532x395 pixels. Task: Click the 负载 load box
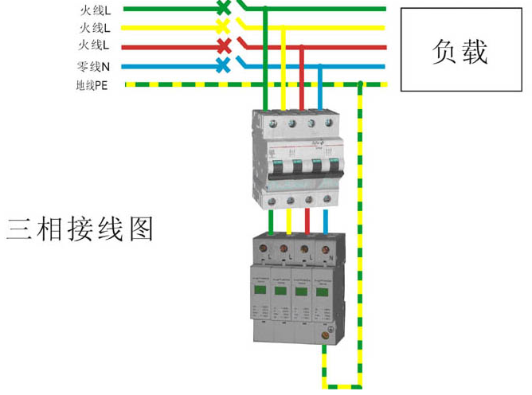[x=460, y=49]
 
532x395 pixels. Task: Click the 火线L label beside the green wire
[x=95, y=10]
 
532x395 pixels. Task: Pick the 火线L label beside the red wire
[x=95, y=45]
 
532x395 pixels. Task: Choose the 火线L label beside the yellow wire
[x=95, y=28]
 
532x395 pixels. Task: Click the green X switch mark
[x=223, y=8]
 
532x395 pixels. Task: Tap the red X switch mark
[x=223, y=45]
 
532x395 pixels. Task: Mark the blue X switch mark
[x=223, y=66]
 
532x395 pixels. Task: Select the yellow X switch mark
[x=223, y=26]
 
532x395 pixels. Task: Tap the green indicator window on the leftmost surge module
[x=260, y=291]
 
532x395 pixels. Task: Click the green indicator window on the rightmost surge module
[x=322, y=291]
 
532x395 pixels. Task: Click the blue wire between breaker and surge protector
[x=326, y=222]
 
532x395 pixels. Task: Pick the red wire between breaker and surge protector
[x=307, y=222]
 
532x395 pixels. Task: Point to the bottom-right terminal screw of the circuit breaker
[x=327, y=199]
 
